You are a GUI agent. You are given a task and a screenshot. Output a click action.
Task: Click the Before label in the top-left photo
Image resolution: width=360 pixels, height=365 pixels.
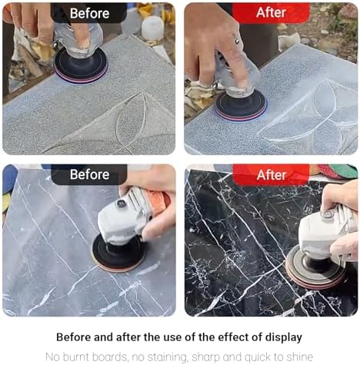(x=89, y=13)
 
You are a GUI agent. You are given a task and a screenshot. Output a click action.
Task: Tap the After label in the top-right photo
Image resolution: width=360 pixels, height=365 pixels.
(x=271, y=12)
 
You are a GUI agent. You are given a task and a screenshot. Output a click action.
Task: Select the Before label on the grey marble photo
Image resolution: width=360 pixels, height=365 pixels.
(x=90, y=174)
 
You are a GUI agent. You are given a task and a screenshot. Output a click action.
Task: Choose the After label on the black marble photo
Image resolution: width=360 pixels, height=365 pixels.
(x=272, y=175)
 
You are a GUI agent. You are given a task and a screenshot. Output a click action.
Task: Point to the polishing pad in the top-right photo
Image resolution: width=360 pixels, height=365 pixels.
(x=241, y=106)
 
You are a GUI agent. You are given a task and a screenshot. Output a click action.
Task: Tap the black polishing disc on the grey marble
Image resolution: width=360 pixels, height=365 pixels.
(x=118, y=253)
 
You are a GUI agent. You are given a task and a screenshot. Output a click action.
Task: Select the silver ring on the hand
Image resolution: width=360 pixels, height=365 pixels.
(x=237, y=41)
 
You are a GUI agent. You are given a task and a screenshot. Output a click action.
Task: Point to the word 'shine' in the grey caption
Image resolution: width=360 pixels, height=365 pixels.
(x=300, y=357)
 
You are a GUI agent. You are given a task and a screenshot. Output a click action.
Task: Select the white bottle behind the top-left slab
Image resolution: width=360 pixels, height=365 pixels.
(x=152, y=28)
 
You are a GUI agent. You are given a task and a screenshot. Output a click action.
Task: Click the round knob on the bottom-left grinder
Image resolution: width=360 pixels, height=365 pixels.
(x=120, y=204)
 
